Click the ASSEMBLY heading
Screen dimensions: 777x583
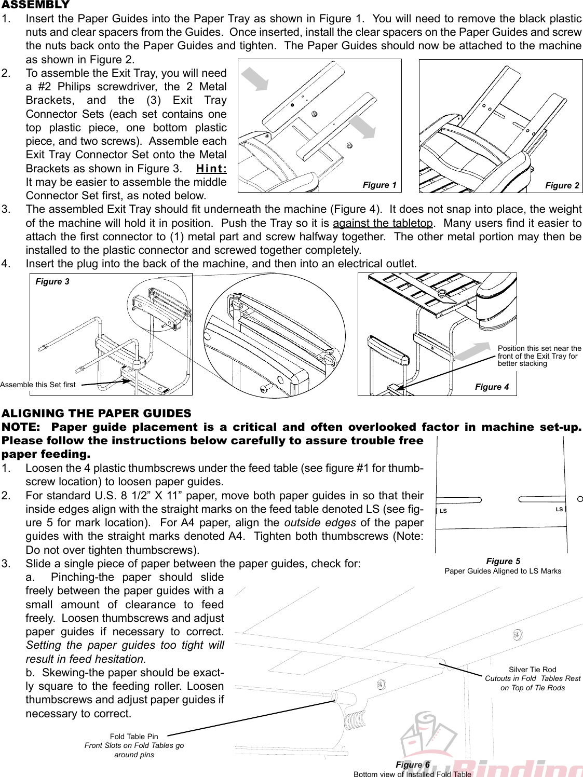[x=35, y=5]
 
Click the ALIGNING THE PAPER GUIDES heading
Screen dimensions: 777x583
[x=97, y=414]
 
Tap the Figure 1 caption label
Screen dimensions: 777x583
[x=379, y=185]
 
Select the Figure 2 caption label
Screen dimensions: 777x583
[x=562, y=186]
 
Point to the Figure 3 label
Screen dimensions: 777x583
[x=52, y=282]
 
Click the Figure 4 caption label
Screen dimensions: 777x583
[x=492, y=387]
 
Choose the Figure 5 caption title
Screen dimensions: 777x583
[x=503, y=561]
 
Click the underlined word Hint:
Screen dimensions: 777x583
[x=211, y=169]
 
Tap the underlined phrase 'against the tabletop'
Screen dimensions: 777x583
[x=383, y=223]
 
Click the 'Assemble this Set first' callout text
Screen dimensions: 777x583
[x=38, y=385]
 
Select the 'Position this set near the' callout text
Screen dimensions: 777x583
[x=539, y=348]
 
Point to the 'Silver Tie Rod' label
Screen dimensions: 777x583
[x=532, y=670]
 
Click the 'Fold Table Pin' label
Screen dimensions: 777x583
[x=134, y=737]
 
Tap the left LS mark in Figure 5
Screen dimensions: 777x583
[x=443, y=511]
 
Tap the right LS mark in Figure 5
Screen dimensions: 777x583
[x=559, y=509]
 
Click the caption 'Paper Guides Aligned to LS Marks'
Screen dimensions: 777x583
[x=503, y=571]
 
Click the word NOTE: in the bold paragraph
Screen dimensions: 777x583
[x=21, y=427]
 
